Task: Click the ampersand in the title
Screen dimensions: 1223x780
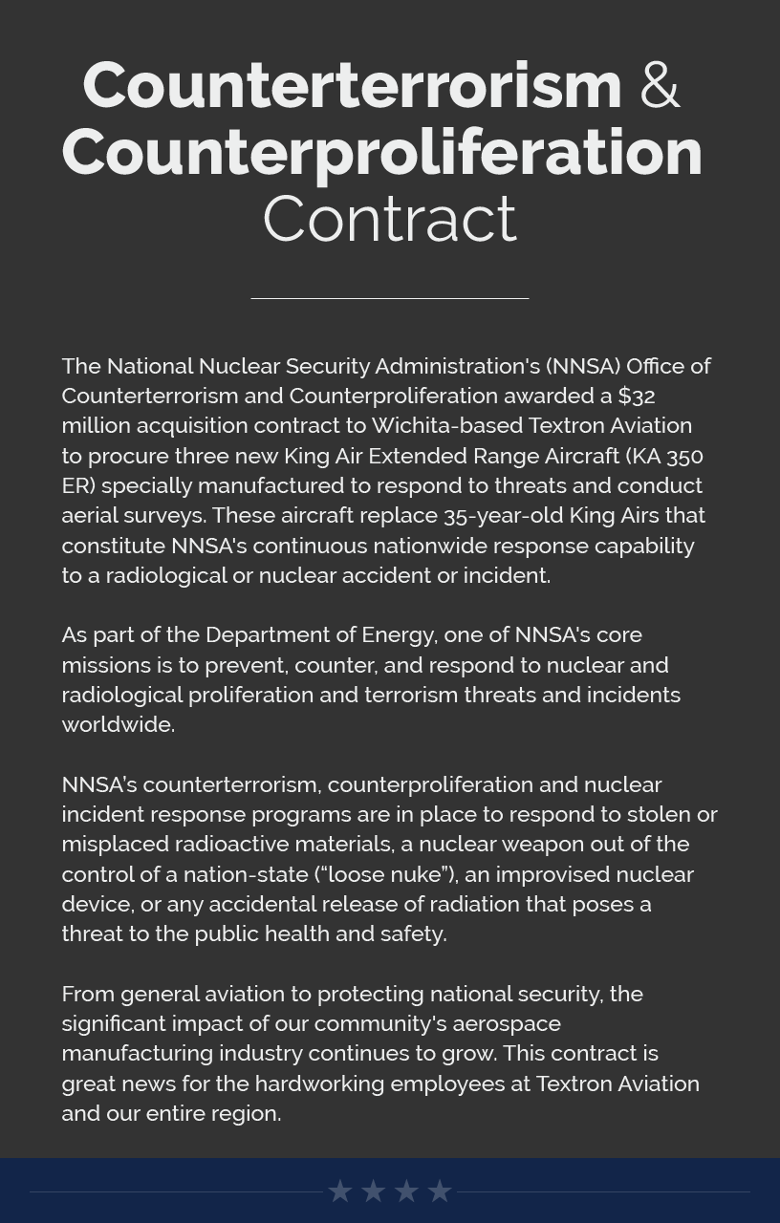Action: click(x=660, y=85)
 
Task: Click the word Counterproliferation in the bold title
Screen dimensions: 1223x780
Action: click(x=382, y=152)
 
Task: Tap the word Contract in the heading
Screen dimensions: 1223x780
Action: click(x=389, y=219)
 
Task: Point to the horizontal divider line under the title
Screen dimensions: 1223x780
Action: click(x=389, y=298)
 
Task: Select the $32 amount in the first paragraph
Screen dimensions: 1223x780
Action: click(x=637, y=396)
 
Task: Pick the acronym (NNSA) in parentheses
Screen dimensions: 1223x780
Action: click(x=583, y=366)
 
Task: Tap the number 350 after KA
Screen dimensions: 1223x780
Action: click(x=684, y=456)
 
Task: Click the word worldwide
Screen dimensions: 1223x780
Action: click(x=117, y=724)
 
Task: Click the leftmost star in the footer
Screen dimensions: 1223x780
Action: click(x=340, y=1191)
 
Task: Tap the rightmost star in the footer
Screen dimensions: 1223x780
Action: click(x=440, y=1191)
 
